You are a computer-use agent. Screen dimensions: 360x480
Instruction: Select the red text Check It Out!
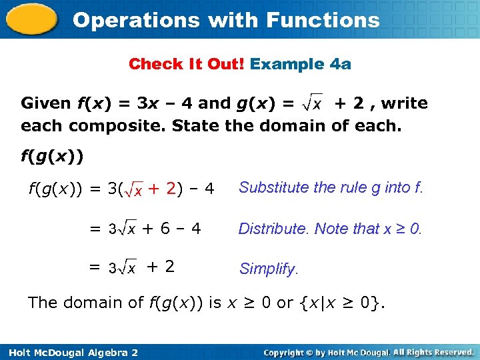(x=187, y=64)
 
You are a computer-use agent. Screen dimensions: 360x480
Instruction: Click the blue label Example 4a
(x=301, y=64)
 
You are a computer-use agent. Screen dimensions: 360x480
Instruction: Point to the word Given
(x=46, y=103)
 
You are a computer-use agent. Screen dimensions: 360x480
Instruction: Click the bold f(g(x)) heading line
(x=52, y=157)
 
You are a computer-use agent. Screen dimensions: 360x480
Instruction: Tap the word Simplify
(x=269, y=269)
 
